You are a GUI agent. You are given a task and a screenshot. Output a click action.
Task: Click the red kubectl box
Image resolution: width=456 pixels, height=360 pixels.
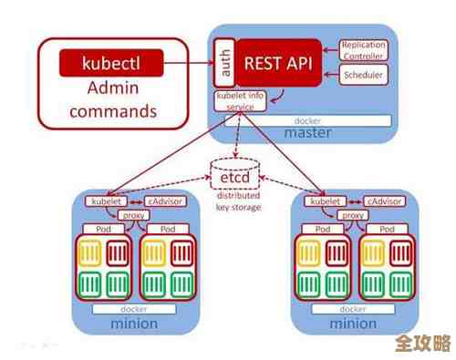(x=110, y=63)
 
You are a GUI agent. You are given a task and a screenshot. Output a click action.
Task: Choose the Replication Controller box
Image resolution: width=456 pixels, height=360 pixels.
(x=362, y=50)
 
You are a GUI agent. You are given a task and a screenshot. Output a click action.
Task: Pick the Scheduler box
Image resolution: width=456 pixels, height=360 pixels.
(x=363, y=75)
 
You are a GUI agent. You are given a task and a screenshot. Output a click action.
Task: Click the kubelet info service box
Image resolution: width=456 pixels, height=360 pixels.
(x=241, y=100)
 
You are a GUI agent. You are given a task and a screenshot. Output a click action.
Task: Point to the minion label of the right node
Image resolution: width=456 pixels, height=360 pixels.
(x=352, y=323)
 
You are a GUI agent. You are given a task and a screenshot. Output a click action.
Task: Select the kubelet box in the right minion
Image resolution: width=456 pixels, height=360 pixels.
(x=324, y=201)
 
